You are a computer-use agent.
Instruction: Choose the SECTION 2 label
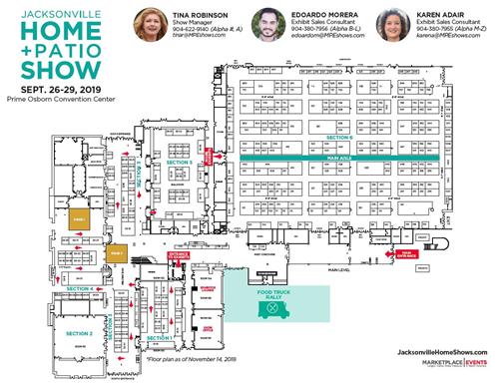(x=79, y=332)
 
